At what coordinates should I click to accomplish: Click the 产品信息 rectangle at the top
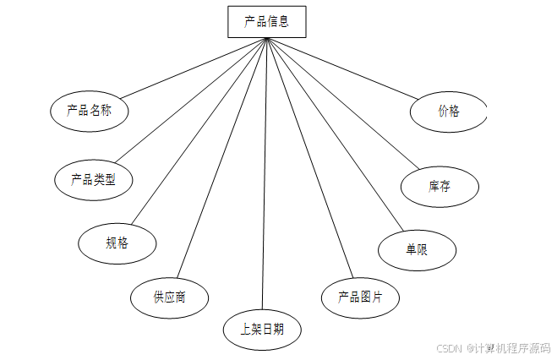click(266, 22)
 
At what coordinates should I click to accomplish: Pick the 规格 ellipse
click(117, 243)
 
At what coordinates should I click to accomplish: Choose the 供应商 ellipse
click(169, 297)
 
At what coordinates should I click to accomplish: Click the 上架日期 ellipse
click(262, 330)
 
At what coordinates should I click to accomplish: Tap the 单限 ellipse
click(418, 250)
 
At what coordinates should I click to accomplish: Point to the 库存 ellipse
click(440, 186)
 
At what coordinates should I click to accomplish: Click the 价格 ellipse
click(449, 111)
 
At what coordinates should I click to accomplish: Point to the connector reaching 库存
click(342, 101)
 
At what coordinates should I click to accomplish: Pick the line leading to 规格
click(199, 131)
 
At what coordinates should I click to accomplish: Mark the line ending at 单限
click(334, 135)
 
